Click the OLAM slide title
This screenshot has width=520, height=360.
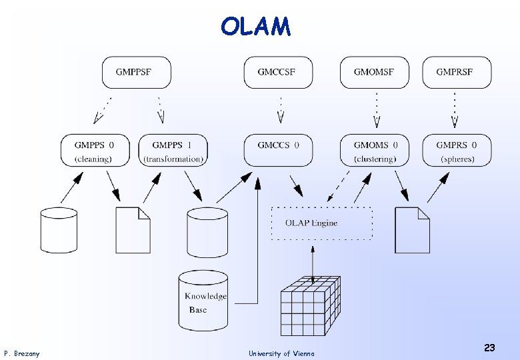point(256,27)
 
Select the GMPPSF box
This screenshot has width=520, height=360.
point(136,73)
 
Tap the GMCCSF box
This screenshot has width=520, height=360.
point(278,73)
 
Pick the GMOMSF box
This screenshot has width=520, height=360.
point(374,73)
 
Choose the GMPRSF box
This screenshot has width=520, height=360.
point(457,73)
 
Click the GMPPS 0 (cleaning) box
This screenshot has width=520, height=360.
point(95,150)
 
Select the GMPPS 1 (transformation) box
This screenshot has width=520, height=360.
point(173,150)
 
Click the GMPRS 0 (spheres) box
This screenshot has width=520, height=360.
point(457,150)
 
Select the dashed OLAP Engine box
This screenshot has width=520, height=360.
point(321,223)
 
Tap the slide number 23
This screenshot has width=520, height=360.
point(489,347)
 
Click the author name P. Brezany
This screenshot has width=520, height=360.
point(22,353)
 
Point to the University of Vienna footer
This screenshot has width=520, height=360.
point(281,353)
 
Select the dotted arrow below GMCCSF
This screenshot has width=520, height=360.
point(281,110)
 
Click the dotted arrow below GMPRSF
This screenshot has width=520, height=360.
point(455,110)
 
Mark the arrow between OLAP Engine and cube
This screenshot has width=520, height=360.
point(313,259)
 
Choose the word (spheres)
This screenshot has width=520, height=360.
point(457,159)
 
